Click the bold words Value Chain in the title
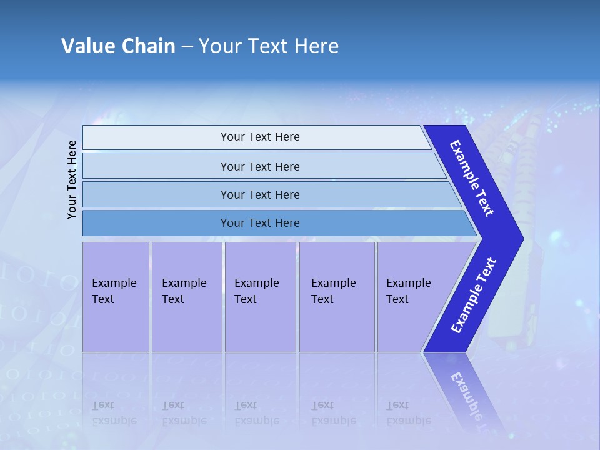tap(118, 46)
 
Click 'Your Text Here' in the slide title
tap(269, 46)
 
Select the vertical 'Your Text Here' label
tap(72, 179)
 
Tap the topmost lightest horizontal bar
tap(259, 137)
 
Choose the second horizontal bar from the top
tap(259, 166)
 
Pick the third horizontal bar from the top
tap(259, 194)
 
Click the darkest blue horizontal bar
tap(259, 223)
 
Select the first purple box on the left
tap(116, 297)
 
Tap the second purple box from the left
tap(187, 297)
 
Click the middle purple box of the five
tap(260, 297)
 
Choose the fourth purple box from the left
tap(337, 297)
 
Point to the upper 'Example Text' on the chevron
tap(472, 178)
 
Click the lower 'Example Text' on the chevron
tap(474, 295)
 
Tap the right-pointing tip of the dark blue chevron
tap(520, 239)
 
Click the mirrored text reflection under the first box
tap(114, 413)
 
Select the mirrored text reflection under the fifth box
tap(408, 413)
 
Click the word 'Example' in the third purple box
tap(256, 283)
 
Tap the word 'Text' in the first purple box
tap(103, 299)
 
